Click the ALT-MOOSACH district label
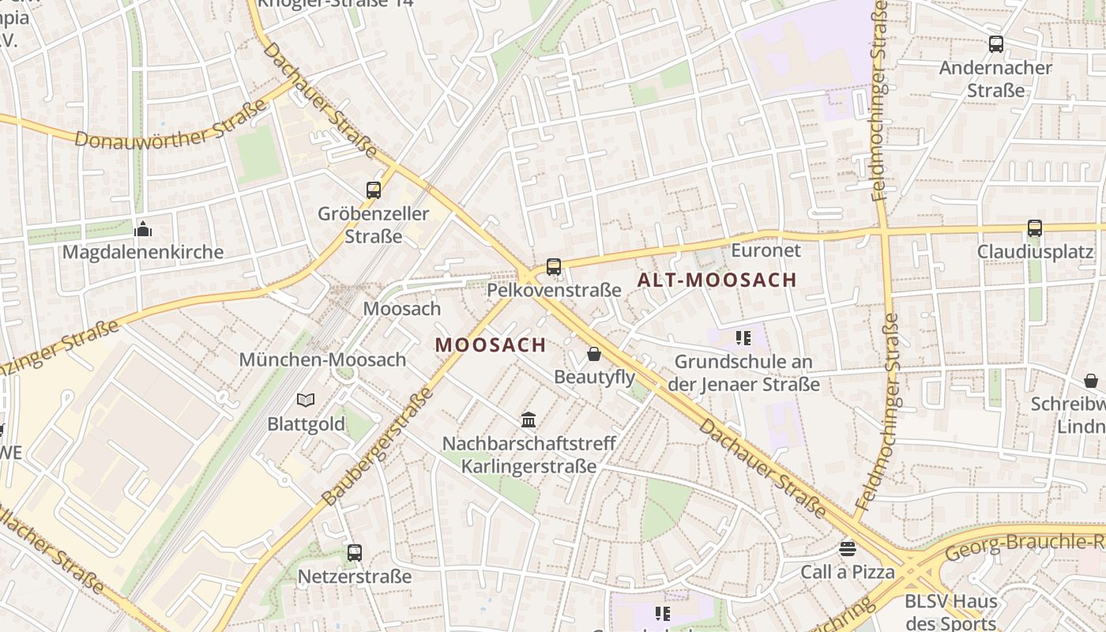coord(717,280)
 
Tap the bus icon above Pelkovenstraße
coord(554,267)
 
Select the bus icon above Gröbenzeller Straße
coord(374,190)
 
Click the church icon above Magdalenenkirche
coord(143,229)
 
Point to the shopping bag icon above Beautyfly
coord(593,354)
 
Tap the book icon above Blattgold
coord(306,401)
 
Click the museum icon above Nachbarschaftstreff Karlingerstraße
coord(529,419)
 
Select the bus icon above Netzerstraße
coord(355,553)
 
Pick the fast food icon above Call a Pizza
coord(848,548)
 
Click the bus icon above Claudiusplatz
coord(1035,228)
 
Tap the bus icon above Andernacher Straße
coord(996,44)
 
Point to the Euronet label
coord(766,250)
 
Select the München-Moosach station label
coord(322,359)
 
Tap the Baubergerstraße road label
coord(378,446)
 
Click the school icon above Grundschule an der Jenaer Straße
coord(743,339)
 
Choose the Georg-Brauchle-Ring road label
coord(1024,545)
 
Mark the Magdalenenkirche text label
coord(143,253)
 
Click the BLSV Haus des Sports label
coord(950,611)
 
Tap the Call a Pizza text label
coord(848,572)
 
